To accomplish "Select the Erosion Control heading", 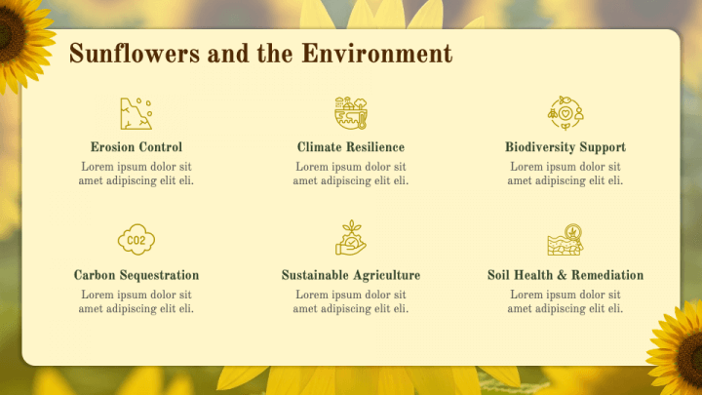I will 136,147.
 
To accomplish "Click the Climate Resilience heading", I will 351,147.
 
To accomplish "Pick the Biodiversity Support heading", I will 565,147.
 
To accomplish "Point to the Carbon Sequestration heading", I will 136,275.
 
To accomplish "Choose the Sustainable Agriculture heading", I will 351,275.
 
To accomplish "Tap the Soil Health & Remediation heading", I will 565,275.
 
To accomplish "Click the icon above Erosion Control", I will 136,113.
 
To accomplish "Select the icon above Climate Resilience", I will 351,113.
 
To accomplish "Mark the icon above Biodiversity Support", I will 565,113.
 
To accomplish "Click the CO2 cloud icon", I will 136,240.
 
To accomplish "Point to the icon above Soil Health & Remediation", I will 565,240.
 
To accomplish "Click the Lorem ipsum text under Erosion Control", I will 136,174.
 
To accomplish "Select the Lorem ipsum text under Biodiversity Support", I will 565,174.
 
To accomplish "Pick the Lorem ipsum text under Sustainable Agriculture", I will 351,301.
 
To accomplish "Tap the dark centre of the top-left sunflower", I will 10,29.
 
